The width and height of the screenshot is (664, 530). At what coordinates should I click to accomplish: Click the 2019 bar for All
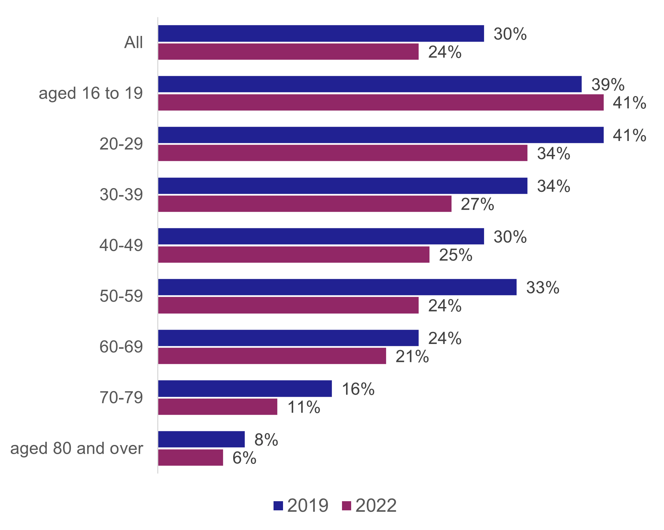click(321, 34)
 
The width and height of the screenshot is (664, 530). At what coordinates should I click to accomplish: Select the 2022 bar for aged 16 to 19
click(381, 102)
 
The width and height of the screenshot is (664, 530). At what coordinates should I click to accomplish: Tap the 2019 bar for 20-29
click(381, 135)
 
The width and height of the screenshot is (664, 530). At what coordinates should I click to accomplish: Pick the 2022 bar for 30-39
click(305, 204)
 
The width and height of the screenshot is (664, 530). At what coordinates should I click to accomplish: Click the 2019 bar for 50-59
click(337, 287)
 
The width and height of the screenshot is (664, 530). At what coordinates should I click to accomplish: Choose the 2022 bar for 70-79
click(218, 407)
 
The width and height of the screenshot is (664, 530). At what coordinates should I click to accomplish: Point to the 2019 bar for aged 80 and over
click(201, 439)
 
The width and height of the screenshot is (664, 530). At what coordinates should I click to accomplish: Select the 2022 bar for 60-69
click(272, 356)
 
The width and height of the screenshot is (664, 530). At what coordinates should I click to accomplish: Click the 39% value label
click(608, 84)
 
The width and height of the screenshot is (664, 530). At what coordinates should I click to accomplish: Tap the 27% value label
click(477, 204)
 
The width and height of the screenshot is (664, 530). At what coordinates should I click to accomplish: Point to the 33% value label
click(542, 287)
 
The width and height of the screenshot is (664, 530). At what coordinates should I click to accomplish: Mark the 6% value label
click(244, 458)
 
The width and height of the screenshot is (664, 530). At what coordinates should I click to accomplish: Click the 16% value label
click(358, 389)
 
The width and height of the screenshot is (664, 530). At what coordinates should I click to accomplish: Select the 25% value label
click(456, 255)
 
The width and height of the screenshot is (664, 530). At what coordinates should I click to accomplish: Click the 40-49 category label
click(121, 245)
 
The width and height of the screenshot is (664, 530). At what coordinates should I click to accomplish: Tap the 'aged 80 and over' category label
click(77, 448)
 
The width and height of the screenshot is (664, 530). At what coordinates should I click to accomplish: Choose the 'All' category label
click(134, 43)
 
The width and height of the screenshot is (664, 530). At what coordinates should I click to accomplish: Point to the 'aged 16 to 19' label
click(90, 93)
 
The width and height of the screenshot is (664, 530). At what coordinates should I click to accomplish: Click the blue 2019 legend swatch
click(278, 506)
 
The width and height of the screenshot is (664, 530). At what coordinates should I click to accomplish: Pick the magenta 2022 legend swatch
click(346, 506)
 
